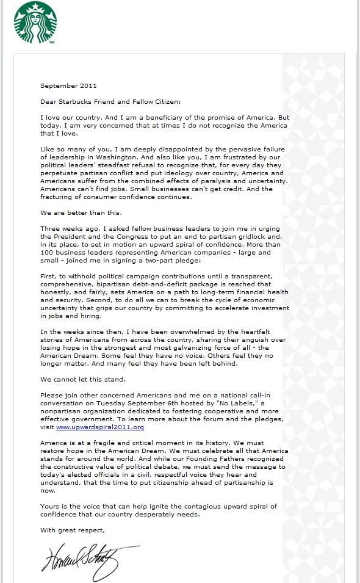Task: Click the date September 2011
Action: (x=68, y=86)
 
